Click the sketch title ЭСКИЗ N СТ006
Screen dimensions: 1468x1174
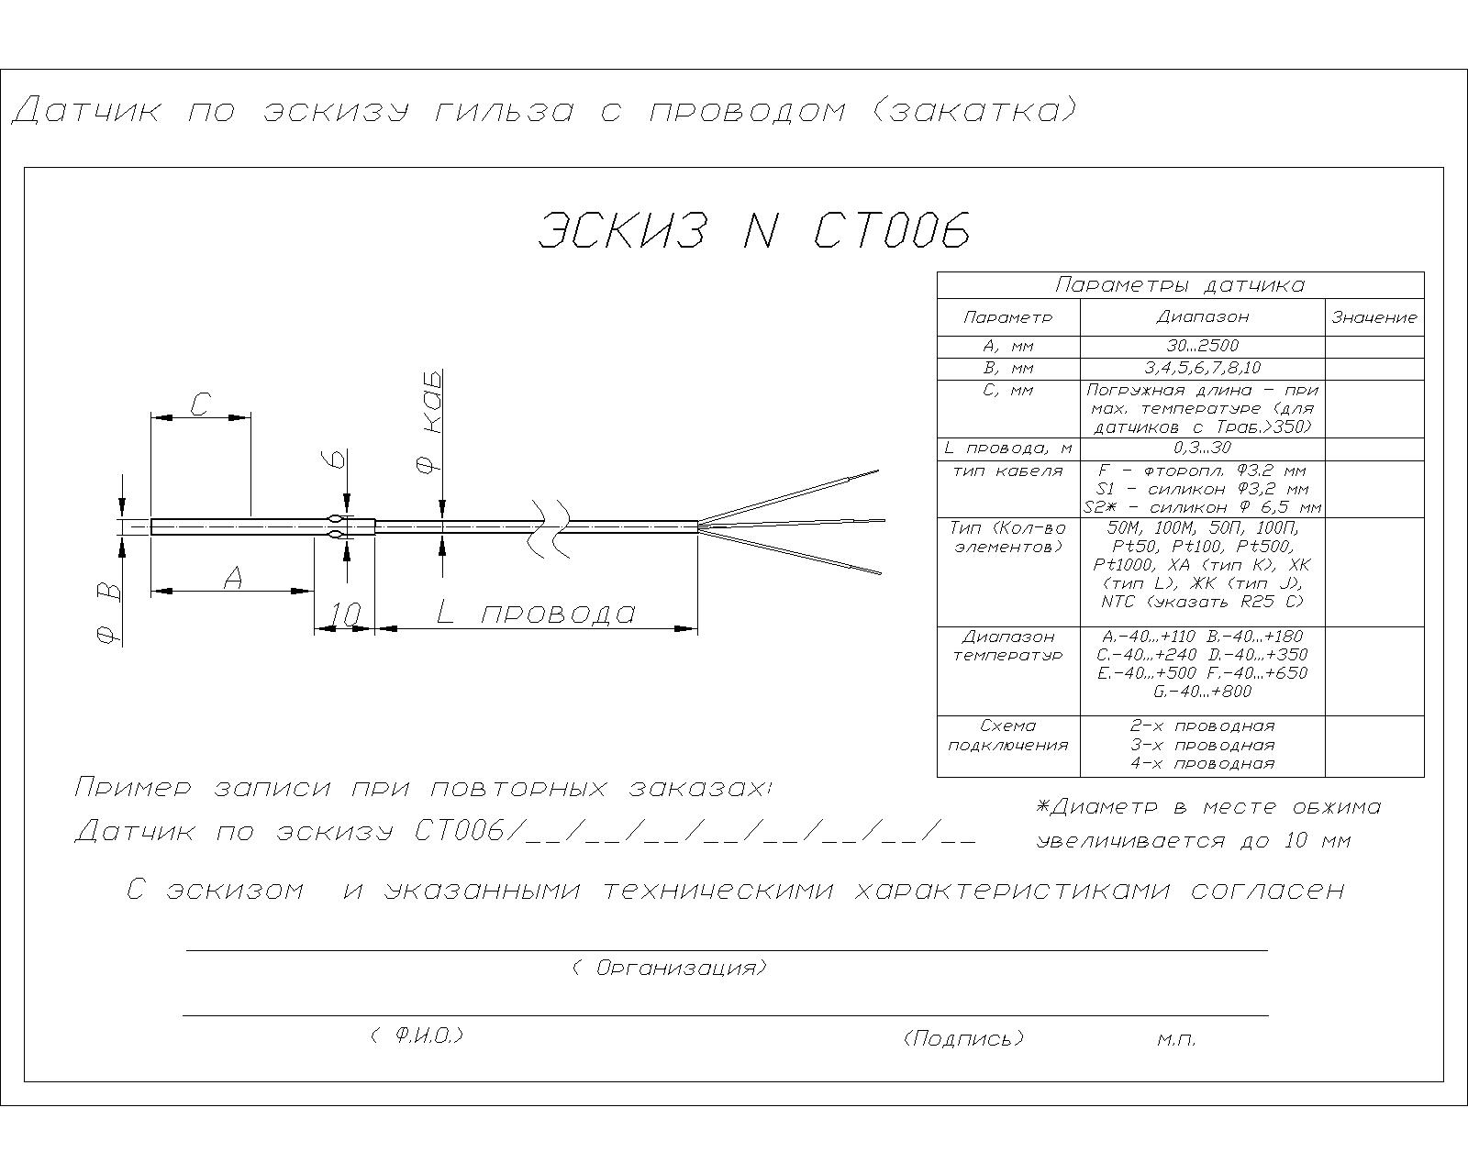point(754,230)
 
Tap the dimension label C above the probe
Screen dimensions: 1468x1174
point(200,404)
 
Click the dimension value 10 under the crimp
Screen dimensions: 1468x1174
point(344,615)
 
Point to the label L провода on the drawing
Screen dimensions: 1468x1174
point(536,614)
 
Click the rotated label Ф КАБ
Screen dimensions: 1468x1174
point(428,422)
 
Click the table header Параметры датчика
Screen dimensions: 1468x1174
point(1180,284)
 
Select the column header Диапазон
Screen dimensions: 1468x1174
point(1203,316)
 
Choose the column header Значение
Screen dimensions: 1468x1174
point(1373,317)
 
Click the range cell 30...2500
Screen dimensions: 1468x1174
point(1203,346)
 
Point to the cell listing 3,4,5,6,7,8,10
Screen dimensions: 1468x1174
point(1203,369)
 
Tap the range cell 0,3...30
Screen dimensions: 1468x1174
point(1203,449)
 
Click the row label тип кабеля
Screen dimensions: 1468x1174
point(1008,471)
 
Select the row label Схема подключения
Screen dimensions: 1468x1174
point(1008,736)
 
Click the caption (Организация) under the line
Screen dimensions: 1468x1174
point(670,968)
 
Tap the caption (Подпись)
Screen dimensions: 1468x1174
point(964,1038)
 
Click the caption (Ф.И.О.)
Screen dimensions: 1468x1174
point(417,1036)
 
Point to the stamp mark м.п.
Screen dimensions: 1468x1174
point(1177,1040)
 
